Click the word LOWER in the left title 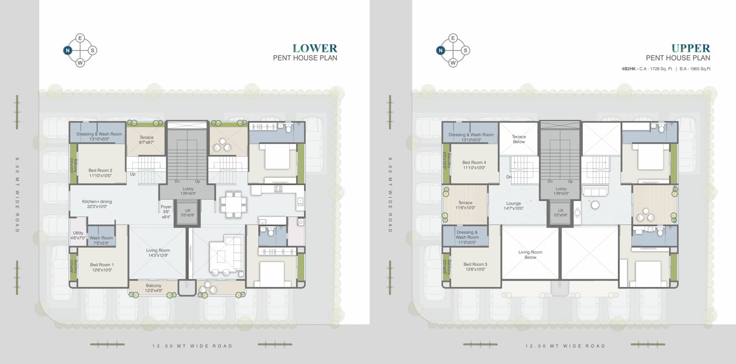click(x=315, y=48)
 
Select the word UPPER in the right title click(x=690, y=48)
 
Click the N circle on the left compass click(x=67, y=50)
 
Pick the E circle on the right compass click(x=453, y=38)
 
